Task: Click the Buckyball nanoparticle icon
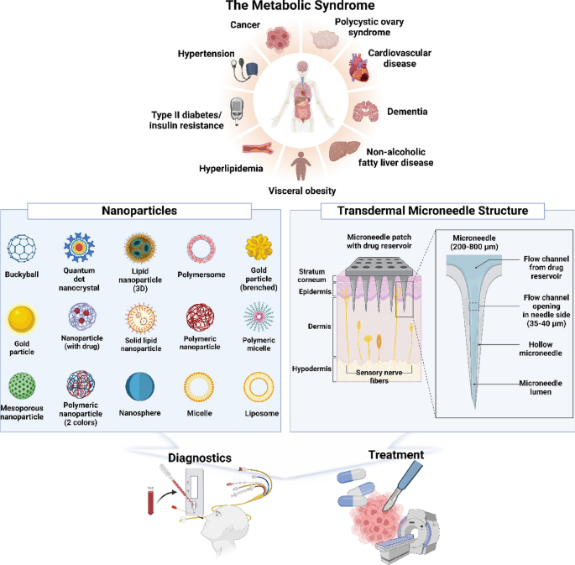click(22, 248)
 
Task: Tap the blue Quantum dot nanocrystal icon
click(79, 247)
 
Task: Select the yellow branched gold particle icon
click(259, 247)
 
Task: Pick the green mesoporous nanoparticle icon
click(22, 385)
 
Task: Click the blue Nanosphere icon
click(139, 386)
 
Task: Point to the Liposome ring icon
click(259, 387)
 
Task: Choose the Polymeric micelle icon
click(259, 317)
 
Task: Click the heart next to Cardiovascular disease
click(358, 67)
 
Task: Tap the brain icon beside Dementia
click(366, 112)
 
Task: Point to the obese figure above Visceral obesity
click(301, 166)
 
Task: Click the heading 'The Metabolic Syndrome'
click(300, 6)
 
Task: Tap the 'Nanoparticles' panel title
click(139, 211)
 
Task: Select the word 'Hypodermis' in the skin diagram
click(311, 369)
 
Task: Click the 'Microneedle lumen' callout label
click(541, 388)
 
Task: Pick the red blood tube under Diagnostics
click(151, 500)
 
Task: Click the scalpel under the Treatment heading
click(402, 486)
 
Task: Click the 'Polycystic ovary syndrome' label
click(369, 27)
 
